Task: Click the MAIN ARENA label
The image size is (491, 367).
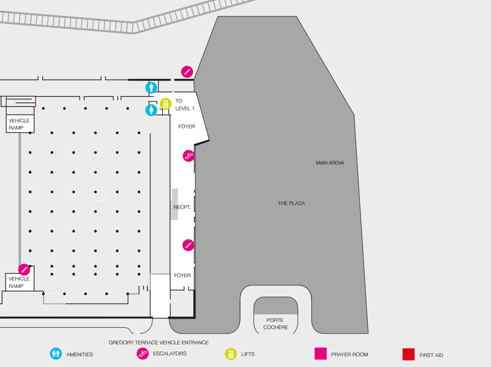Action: (x=330, y=163)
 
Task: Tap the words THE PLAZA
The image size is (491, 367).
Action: (x=291, y=203)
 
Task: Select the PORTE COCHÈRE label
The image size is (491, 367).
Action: (x=276, y=324)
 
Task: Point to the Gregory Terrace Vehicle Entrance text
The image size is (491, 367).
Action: (x=158, y=343)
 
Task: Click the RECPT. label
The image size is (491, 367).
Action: (x=183, y=207)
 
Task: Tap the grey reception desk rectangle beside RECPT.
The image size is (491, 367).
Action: (x=175, y=204)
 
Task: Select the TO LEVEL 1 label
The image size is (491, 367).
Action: (x=185, y=105)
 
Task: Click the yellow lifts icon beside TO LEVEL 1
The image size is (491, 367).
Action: (x=165, y=104)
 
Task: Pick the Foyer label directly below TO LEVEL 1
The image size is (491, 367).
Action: (x=187, y=127)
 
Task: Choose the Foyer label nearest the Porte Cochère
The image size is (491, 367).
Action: (x=182, y=275)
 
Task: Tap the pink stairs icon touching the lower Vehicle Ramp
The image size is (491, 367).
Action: (x=24, y=270)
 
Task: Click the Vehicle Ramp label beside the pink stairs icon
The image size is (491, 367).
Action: (x=19, y=283)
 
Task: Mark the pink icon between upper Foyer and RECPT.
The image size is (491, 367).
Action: (x=188, y=156)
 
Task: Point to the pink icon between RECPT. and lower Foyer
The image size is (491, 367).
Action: (x=188, y=245)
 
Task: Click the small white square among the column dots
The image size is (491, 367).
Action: (x=100, y=195)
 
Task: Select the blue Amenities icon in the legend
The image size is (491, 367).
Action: (x=56, y=354)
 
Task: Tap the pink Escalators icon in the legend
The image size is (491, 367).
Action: (x=142, y=354)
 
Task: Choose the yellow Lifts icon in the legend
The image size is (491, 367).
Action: (x=231, y=354)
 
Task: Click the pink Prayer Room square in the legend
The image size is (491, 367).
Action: (x=320, y=354)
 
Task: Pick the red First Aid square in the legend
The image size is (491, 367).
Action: (x=409, y=355)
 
